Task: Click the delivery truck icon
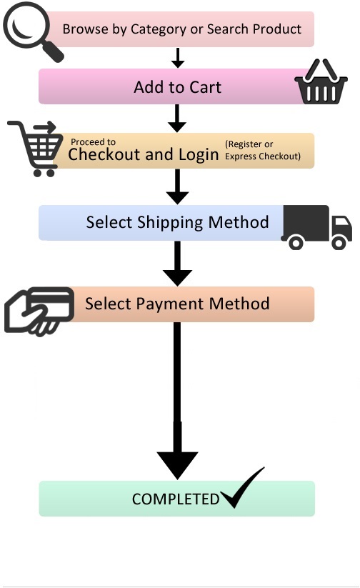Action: [x=316, y=227]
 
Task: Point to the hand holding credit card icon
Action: [x=40, y=309]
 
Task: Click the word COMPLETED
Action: [x=176, y=499]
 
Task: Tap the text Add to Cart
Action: [x=177, y=87]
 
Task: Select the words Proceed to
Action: [x=93, y=142]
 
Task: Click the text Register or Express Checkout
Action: [x=262, y=150]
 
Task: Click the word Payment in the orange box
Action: [x=178, y=304]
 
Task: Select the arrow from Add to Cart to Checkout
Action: [x=177, y=118]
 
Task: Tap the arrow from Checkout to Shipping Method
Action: [x=177, y=187]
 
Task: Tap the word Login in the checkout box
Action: [x=199, y=154]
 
